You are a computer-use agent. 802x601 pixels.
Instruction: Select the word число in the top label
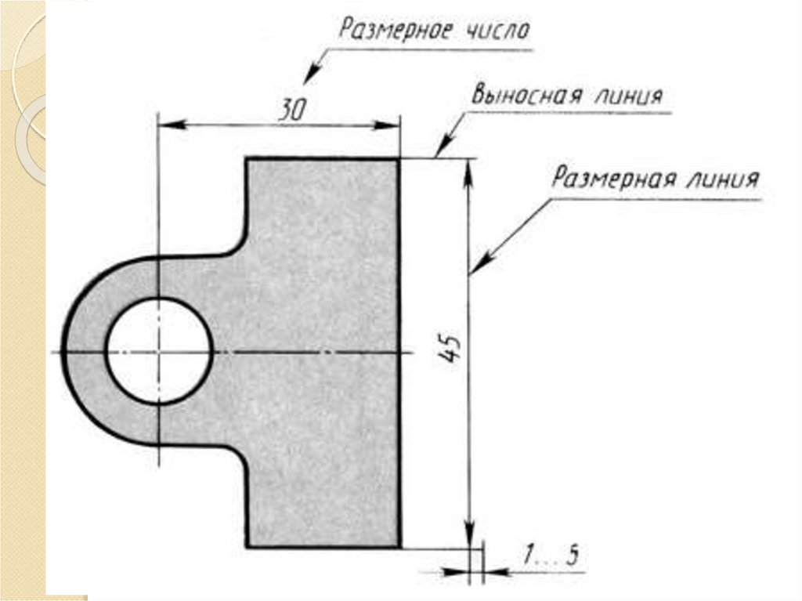[497, 31]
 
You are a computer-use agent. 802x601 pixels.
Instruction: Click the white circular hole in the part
[159, 351]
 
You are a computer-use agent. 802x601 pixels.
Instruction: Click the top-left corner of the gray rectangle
[247, 159]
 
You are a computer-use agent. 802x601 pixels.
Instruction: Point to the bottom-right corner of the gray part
[399, 546]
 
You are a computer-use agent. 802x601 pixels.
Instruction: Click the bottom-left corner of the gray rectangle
[247, 546]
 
